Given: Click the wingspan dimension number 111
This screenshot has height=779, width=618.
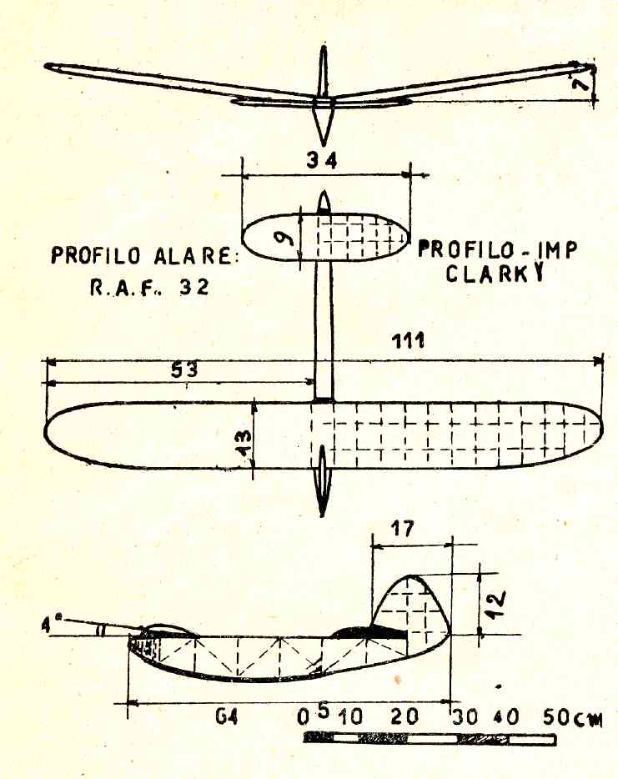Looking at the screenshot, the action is [x=408, y=341].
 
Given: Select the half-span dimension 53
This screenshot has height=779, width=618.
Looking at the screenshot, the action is [x=184, y=369].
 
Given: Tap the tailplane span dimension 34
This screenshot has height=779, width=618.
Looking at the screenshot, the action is [x=321, y=160].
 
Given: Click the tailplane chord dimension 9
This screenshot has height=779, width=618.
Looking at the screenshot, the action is [x=285, y=239].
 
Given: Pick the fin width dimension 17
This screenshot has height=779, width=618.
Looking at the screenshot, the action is [x=402, y=529].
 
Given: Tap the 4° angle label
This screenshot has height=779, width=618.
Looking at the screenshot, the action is [x=49, y=624].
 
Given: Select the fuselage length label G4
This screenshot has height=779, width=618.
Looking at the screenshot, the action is [x=227, y=717].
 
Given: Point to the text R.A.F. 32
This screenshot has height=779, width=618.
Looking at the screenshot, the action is [x=149, y=288].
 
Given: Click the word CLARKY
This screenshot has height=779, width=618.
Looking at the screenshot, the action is [x=495, y=273].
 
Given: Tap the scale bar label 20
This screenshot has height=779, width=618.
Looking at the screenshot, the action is [x=404, y=716].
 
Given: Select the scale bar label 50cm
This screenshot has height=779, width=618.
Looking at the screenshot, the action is [x=572, y=717].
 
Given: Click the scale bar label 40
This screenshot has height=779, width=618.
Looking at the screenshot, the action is [x=506, y=717].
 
